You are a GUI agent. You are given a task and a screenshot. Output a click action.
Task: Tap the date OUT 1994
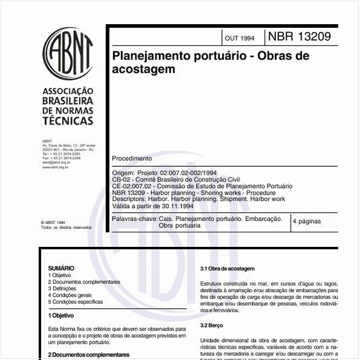click(x=240, y=38)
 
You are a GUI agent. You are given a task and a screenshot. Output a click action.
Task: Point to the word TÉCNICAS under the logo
click(x=68, y=121)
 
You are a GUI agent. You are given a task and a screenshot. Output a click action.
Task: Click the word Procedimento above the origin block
click(x=132, y=159)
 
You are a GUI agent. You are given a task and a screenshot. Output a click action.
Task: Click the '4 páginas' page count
click(x=307, y=221)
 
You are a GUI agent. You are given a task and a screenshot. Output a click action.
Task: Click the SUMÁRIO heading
click(x=61, y=267)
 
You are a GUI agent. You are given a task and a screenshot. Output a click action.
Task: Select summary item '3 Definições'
click(x=62, y=289)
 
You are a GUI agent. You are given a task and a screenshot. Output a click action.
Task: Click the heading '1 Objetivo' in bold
click(x=61, y=315)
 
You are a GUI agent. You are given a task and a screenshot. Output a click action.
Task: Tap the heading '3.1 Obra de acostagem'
click(x=227, y=269)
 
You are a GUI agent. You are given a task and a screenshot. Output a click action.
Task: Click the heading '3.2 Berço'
click(x=212, y=326)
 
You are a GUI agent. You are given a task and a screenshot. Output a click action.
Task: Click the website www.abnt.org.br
click(x=56, y=166)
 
